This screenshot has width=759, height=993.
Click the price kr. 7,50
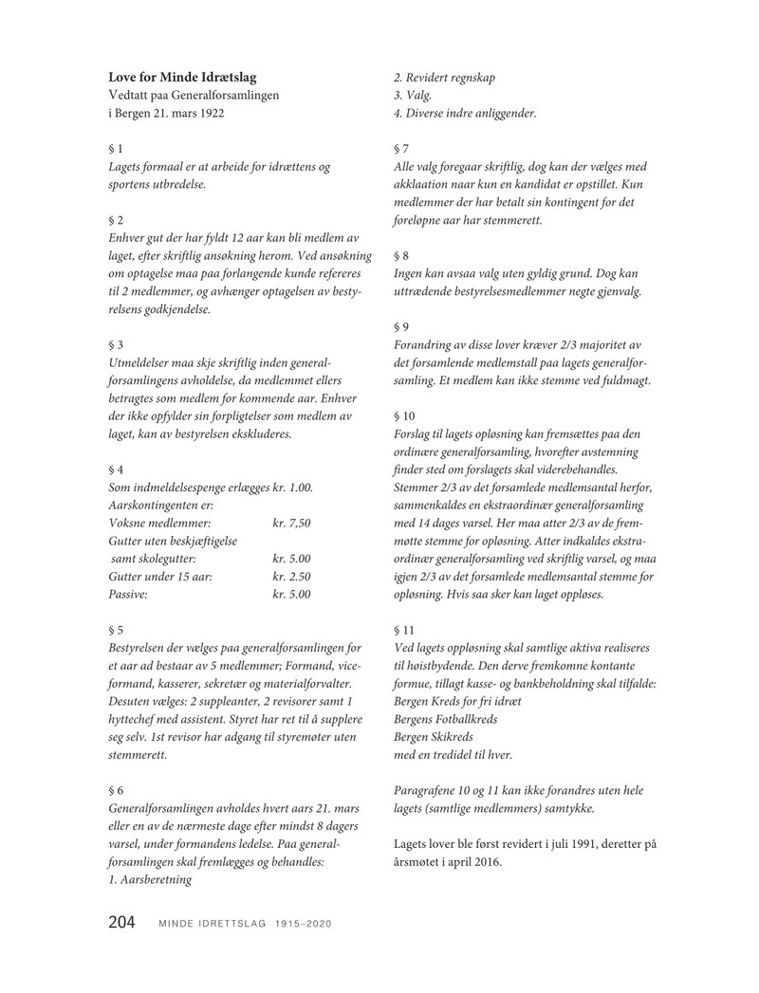tap(291, 523)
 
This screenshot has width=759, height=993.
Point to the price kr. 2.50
tap(291, 577)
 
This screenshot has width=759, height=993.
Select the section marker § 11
tap(402, 629)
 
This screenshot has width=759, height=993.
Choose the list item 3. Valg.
tap(413, 95)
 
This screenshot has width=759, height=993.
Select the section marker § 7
tap(399, 148)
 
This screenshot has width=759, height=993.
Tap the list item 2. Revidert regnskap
tap(444, 77)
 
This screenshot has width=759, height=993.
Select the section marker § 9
tap(399, 326)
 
